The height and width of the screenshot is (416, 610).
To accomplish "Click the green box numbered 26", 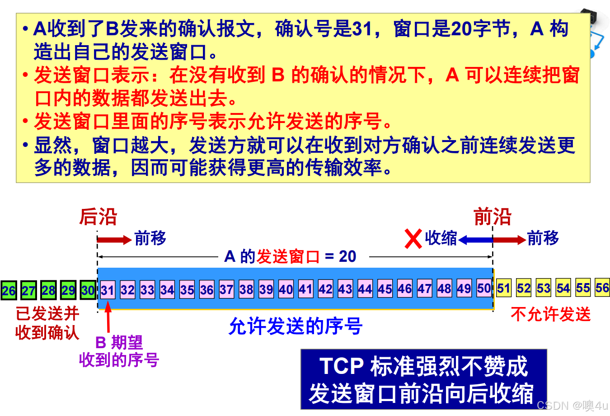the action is pos(8,290).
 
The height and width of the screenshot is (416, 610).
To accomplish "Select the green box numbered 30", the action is pos(88,290).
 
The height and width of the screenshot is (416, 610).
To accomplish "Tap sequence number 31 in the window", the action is pos(108,290).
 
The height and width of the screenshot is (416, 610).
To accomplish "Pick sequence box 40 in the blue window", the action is pos(286,289).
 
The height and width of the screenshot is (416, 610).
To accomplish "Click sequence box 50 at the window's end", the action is pos(484,288).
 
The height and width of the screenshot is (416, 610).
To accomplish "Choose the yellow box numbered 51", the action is pos(504,288).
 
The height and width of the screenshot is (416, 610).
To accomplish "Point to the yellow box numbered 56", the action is pos(602,288).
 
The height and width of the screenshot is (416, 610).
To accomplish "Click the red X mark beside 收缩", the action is pos(413,239).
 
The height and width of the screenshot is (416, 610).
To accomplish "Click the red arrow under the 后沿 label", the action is pos(114,240).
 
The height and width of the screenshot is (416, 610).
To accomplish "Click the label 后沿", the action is pos(98,217).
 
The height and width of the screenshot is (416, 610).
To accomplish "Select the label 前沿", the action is pos(492,217).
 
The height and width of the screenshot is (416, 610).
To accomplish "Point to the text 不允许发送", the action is pos(550,314).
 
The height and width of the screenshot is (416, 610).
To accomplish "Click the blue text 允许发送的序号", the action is pos(296,326).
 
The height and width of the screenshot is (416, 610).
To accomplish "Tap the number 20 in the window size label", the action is pos(347,256).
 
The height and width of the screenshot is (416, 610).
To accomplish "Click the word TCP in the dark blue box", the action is pos(342,366).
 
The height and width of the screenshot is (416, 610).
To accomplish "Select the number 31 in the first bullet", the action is pos(362,29).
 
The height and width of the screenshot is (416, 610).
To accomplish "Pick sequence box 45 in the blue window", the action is pos(385,289).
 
